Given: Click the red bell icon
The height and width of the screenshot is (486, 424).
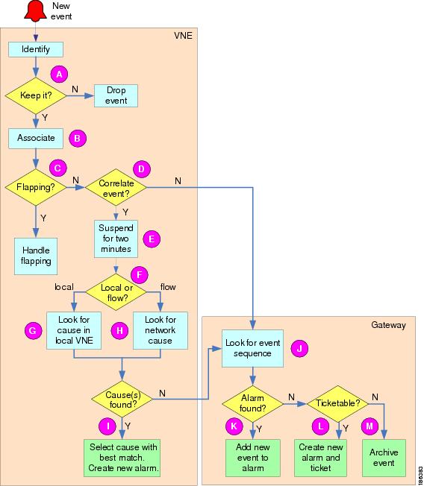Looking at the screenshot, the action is [35, 11].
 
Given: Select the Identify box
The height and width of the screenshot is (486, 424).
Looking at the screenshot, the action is [36, 49].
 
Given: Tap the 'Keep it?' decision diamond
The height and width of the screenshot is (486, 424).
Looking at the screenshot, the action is [36, 95].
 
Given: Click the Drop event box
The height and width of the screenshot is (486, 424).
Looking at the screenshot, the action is [116, 95].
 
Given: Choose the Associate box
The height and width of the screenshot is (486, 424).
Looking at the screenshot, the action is [36, 138].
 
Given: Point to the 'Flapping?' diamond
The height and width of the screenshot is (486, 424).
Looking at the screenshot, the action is [36, 187].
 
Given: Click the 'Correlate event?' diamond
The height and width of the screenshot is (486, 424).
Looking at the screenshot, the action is [116, 187].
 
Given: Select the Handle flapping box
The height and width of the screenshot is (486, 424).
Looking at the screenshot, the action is [36, 256].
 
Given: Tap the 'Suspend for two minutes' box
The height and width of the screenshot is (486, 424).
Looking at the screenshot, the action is [116, 239].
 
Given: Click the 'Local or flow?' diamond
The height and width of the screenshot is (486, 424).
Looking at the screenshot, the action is [116, 292].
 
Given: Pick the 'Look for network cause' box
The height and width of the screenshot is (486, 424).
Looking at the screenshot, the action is [160, 330].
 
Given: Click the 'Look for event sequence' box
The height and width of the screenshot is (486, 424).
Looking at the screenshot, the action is [252, 348].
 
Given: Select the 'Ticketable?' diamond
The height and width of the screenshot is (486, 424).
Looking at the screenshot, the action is [337, 404].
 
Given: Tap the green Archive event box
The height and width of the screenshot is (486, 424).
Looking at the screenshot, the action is [384, 458].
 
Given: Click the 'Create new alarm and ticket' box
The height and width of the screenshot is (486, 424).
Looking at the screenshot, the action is [321, 458].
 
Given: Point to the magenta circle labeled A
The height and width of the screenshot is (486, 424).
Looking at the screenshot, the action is [59, 75].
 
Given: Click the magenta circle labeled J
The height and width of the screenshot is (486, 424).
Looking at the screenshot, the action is [299, 348].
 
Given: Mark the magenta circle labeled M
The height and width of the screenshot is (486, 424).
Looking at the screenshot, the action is [370, 426].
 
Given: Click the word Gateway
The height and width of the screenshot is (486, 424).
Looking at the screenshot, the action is [389, 325].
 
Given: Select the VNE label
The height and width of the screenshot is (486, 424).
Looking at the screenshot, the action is [183, 36].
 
